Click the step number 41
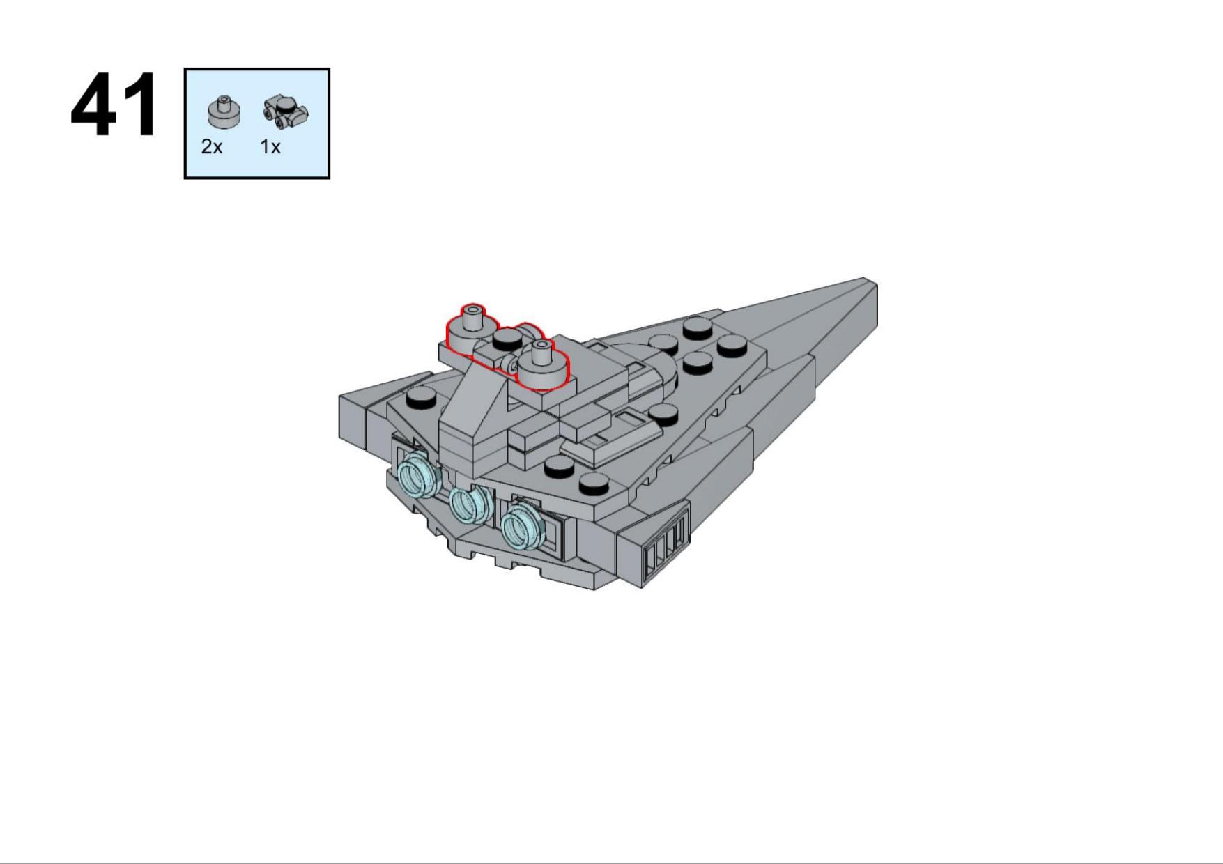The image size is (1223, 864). pyautogui.click(x=114, y=105)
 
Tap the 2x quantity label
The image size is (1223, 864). pyautogui.click(x=212, y=147)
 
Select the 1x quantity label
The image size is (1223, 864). pyautogui.click(x=270, y=147)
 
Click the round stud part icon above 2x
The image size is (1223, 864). pyautogui.click(x=224, y=112)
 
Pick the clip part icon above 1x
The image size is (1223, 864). pyautogui.click(x=286, y=113)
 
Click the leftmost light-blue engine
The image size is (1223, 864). pyautogui.click(x=418, y=473)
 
